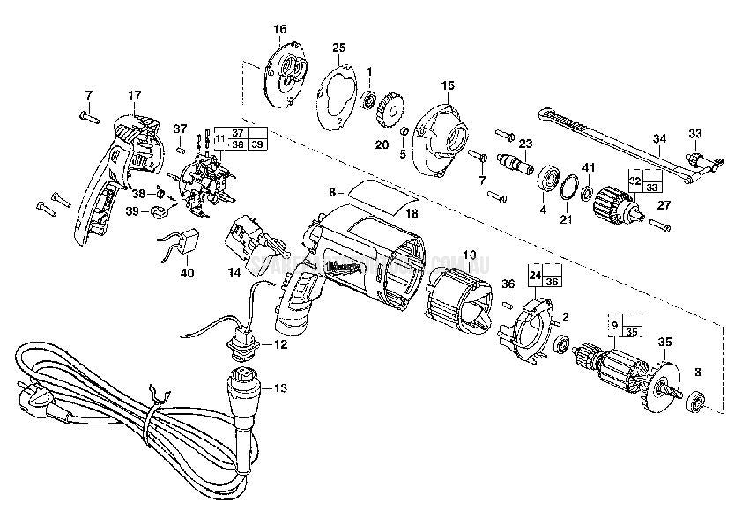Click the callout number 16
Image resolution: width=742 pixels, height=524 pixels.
point(280,29)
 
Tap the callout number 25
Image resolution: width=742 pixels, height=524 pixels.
point(338,47)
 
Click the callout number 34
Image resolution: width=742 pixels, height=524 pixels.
point(660,138)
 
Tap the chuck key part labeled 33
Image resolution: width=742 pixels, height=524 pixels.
point(702,160)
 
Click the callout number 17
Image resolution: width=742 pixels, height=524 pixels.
point(134,94)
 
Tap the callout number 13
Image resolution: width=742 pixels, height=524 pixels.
point(280,387)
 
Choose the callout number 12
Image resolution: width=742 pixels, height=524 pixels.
point(279,344)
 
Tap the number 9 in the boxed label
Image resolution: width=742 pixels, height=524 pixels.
point(615,323)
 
